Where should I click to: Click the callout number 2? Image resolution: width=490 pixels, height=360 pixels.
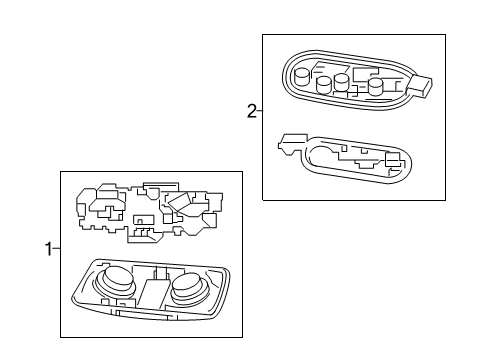(251, 111)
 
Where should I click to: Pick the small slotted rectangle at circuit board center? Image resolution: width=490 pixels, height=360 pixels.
(144, 221)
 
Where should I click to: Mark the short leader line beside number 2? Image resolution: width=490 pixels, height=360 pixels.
(259, 111)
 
